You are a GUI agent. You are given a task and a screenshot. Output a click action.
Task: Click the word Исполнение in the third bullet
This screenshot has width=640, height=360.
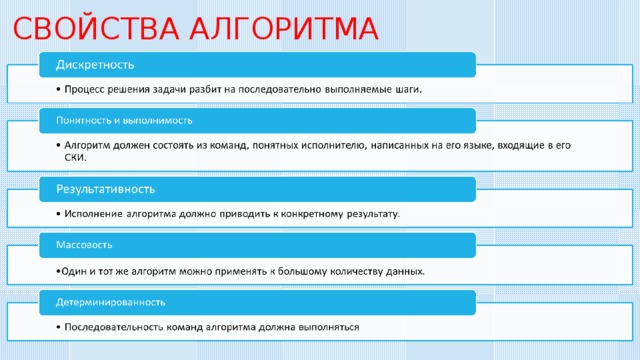96,213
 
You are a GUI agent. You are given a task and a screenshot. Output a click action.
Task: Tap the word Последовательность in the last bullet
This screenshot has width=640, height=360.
118,327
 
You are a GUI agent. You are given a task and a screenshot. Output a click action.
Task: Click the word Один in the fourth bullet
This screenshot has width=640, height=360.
73,270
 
